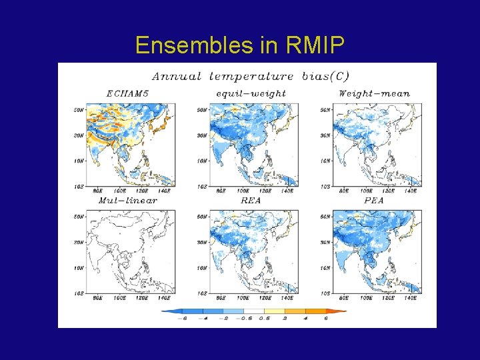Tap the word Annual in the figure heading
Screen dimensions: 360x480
[177, 76]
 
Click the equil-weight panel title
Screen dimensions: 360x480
[250, 93]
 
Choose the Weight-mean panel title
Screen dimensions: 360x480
[374, 93]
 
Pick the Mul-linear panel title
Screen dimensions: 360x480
[128, 200]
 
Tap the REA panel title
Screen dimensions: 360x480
[251, 200]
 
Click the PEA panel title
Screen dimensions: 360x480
[374, 200]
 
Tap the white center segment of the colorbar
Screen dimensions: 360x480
[254, 311]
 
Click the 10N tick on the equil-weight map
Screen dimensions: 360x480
[201, 161]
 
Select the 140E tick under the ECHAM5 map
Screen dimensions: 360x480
[162, 191]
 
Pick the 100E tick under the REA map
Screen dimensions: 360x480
[241, 298]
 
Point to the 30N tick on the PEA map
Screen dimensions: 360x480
[324, 242]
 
